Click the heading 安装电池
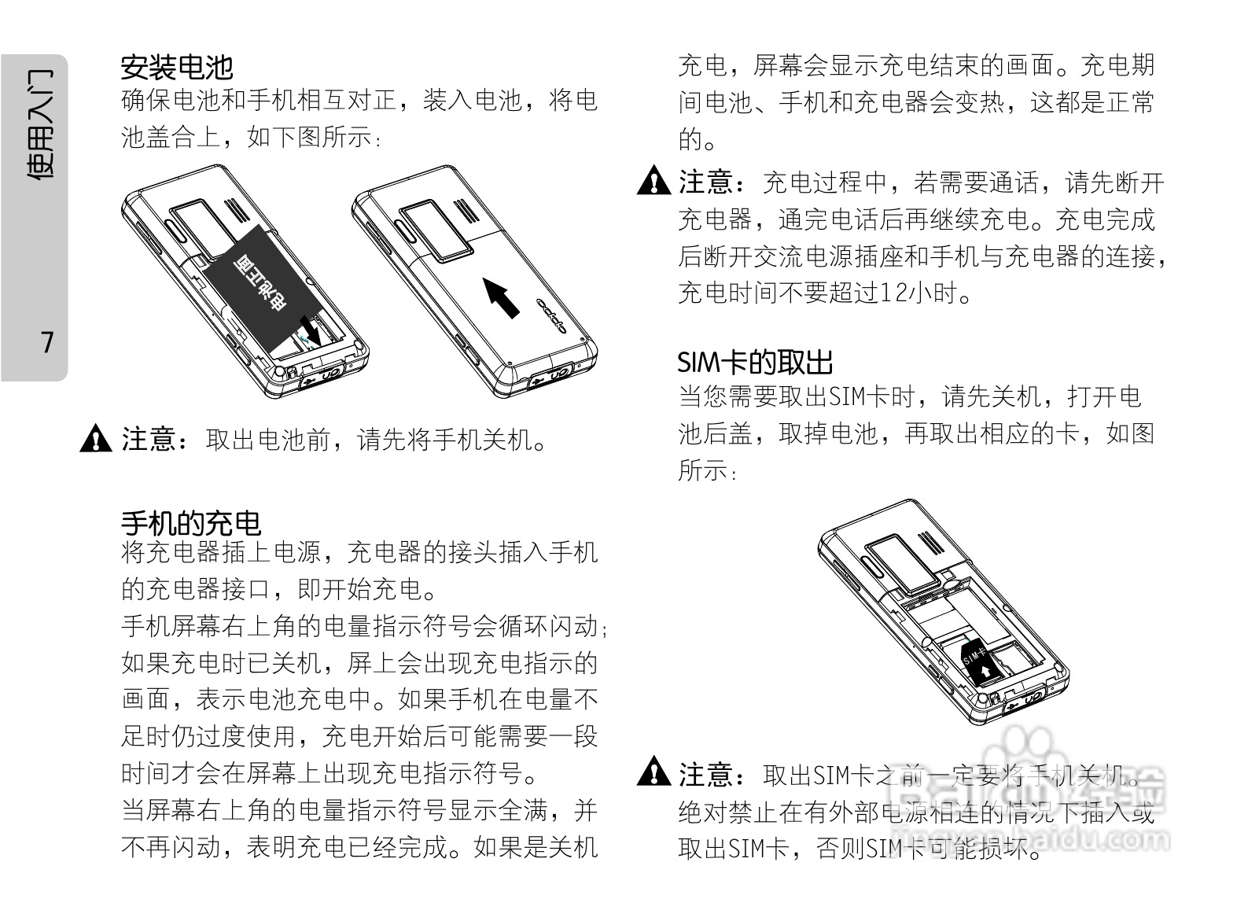(x=176, y=68)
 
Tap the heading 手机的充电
(x=190, y=523)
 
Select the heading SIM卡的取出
(x=754, y=363)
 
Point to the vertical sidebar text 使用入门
(x=40, y=124)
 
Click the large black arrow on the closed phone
(x=501, y=297)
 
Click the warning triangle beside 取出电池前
(x=95, y=438)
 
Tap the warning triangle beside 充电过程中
(x=653, y=182)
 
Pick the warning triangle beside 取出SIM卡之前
(x=653, y=773)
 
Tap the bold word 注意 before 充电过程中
(x=705, y=182)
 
